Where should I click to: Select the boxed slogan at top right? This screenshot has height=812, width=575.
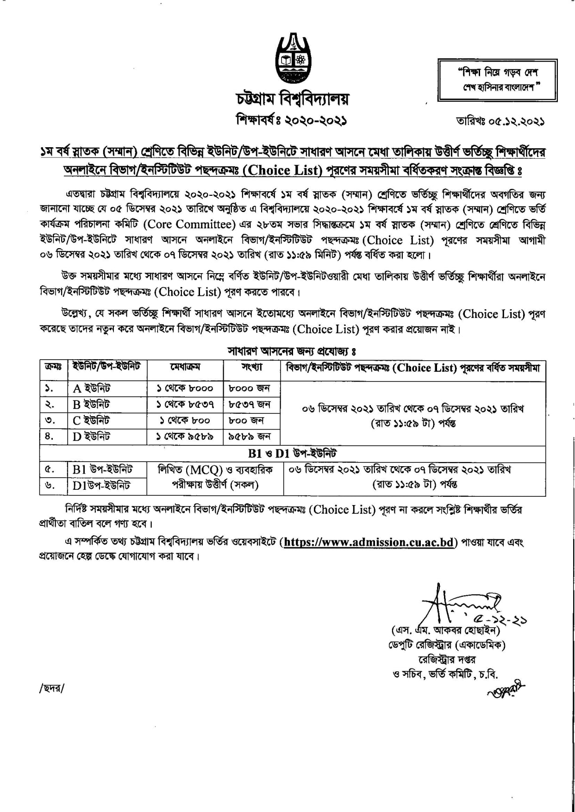498,80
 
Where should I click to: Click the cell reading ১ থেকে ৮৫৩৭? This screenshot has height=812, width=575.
185,405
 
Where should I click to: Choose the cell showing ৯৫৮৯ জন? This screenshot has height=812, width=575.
250,436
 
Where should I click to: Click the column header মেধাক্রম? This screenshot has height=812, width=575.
185,368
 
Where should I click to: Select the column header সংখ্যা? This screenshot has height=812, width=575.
252,368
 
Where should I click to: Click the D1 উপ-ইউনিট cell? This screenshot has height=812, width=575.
102,486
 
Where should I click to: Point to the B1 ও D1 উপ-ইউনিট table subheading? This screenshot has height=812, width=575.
292,453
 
